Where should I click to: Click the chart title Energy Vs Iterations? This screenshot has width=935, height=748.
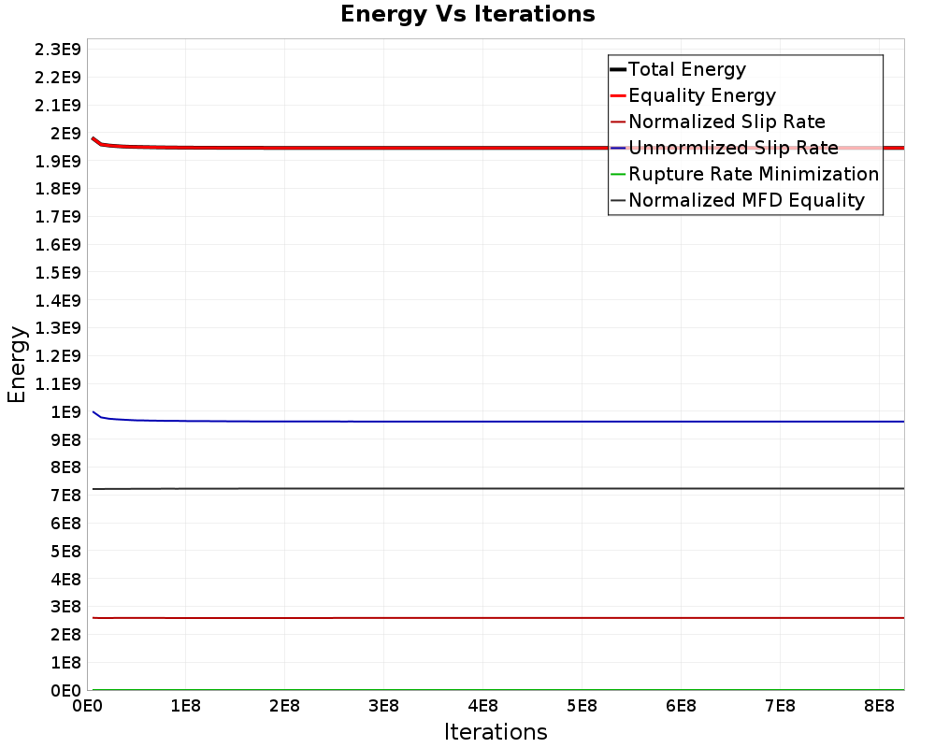[x=467, y=14]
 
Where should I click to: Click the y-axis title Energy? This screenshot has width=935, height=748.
[x=16, y=364]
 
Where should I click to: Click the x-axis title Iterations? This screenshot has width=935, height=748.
[x=496, y=731]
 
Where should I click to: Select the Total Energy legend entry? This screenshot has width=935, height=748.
[x=687, y=69]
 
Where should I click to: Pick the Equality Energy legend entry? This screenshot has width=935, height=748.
[x=702, y=95]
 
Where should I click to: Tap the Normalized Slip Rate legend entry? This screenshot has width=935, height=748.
[x=726, y=122]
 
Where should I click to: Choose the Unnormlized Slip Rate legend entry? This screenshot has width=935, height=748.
[x=733, y=148]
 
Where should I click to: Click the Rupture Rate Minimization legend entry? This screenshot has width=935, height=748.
[x=754, y=174]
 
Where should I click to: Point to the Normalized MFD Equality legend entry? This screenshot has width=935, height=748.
[x=746, y=200]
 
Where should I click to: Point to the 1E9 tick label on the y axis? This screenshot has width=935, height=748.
[x=64, y=411]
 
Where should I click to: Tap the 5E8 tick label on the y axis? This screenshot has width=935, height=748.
[x=64, y=551]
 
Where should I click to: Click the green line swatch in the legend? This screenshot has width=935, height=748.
[x=617, y=174]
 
